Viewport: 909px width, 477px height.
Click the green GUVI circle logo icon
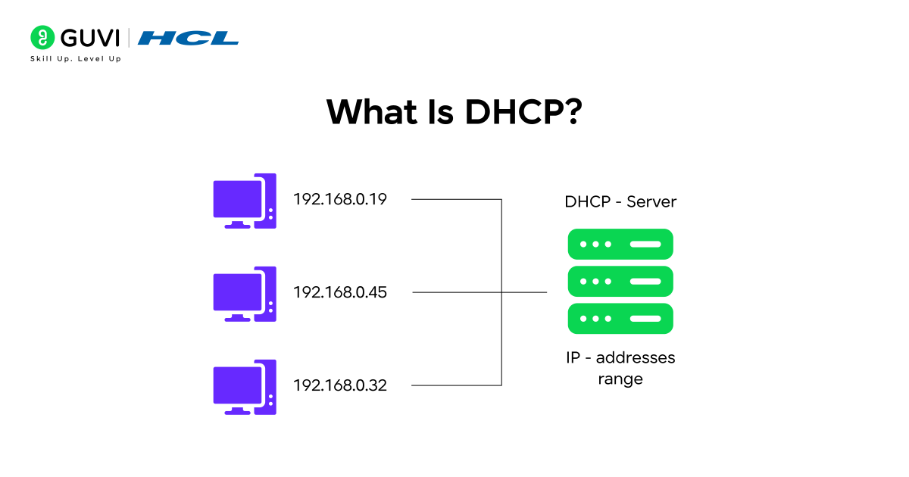(x=42, y=37)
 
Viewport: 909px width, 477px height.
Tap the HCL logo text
(x=188, y=38)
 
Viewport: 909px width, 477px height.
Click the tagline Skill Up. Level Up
(x=75, y=58)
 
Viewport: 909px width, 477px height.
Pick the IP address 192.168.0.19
(x=340, y=200)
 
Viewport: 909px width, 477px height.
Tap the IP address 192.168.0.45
(x=340, y=292)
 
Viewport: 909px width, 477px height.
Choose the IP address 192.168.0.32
(x=340, y=385)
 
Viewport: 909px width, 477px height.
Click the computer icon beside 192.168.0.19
(x=245, y=201)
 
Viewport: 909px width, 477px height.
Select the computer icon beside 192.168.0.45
(x=245, y=294)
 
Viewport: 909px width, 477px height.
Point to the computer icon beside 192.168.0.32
(x=245, y=387)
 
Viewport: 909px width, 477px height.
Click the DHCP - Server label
(x=620, y=202)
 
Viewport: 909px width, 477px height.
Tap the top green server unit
(x=620, y=245)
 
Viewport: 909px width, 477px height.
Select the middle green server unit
(x=620, y=282)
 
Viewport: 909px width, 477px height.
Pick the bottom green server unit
(x=620, y=319)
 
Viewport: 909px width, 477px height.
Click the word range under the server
(x=620, y=379)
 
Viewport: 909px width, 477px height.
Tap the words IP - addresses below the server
(x=620, y=357)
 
